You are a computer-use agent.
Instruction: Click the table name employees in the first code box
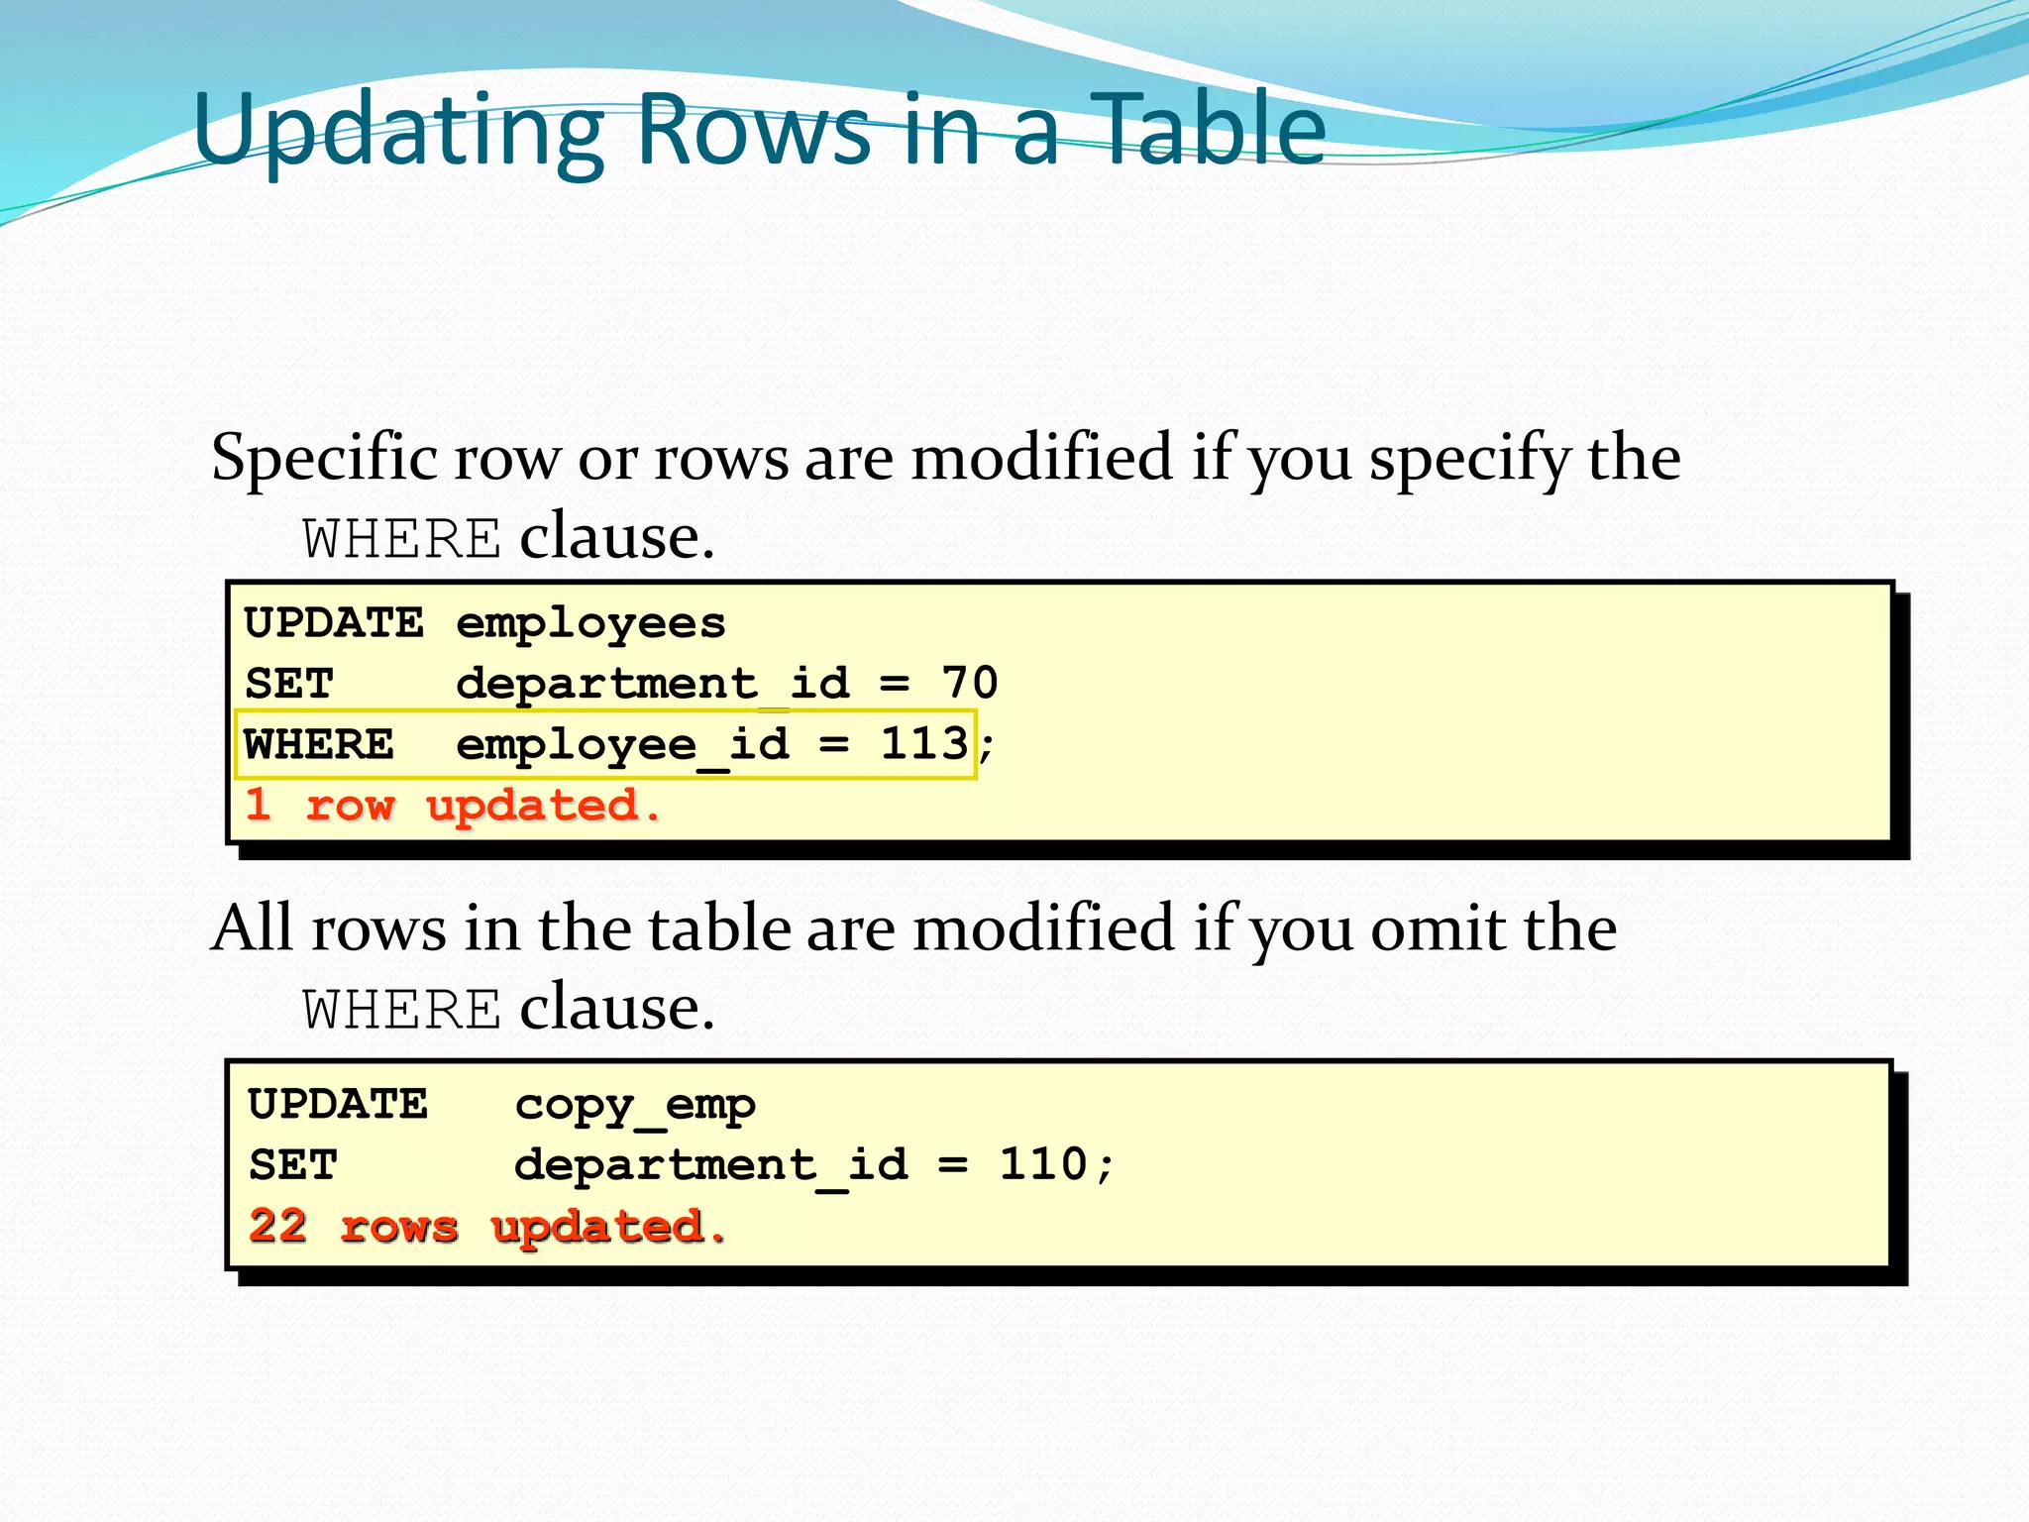tap(590, 623)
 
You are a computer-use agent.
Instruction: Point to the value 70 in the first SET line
tap(969, 683)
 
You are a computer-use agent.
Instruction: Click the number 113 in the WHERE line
tap(924, 743)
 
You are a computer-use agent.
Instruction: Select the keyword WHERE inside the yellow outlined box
tap(319, 744)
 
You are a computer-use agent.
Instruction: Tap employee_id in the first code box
tap(622, 744)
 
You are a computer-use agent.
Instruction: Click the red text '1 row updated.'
tap(453, 805)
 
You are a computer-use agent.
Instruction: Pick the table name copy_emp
tap(635, 1104)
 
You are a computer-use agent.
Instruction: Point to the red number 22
tap(278, 1226)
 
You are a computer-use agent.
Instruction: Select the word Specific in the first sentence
tap(324, 459)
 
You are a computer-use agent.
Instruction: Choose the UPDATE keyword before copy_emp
tap(338, 1104)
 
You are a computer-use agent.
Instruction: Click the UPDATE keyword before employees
tap(334, 623)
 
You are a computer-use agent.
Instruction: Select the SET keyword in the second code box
tap(293, 1165)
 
